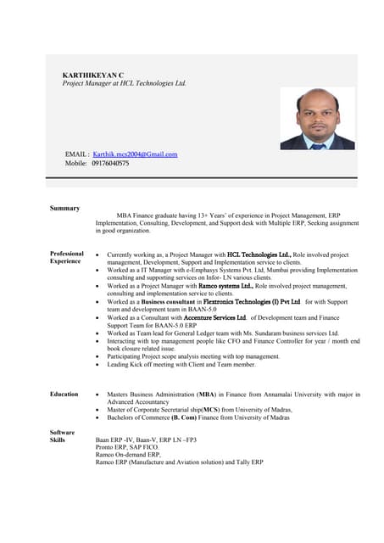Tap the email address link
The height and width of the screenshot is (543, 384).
coord(135,154)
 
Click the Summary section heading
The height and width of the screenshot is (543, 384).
coord(64,208)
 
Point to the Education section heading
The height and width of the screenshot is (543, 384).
coord(64,394)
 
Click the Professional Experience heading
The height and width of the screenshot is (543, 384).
coord(67,257)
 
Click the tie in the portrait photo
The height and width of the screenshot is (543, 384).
coord(318,143)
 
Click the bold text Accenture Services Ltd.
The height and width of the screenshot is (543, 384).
coord(214,317)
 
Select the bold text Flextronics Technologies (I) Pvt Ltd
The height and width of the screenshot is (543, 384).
coord(252,301)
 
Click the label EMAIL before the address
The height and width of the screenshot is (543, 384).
coord(76,154)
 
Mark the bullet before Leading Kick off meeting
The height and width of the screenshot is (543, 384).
coord(100,365)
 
